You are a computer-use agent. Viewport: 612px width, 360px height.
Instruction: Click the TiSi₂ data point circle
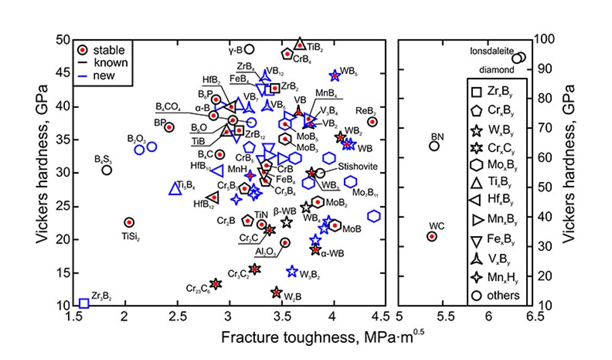[129, 222]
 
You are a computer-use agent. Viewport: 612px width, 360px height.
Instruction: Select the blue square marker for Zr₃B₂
[84, 303]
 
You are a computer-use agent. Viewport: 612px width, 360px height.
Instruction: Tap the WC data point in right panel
[432, 236]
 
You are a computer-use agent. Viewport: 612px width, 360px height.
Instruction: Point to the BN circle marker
[434, 146]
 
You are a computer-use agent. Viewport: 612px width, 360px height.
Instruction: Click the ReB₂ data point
[372, 122]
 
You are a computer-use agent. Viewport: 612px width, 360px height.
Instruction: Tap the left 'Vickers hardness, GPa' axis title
[43, 172]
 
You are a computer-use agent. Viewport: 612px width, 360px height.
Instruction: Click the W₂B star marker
[277, 292]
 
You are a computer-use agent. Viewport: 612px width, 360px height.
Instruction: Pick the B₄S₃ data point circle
[107, 170]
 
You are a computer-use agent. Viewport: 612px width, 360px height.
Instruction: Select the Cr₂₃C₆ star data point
[215, 283]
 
